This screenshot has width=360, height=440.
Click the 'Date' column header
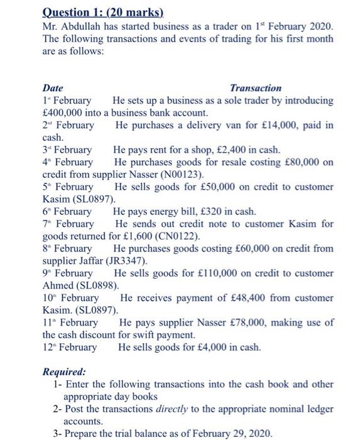coord(52,89)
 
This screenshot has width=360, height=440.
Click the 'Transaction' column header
coord(256,89)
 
